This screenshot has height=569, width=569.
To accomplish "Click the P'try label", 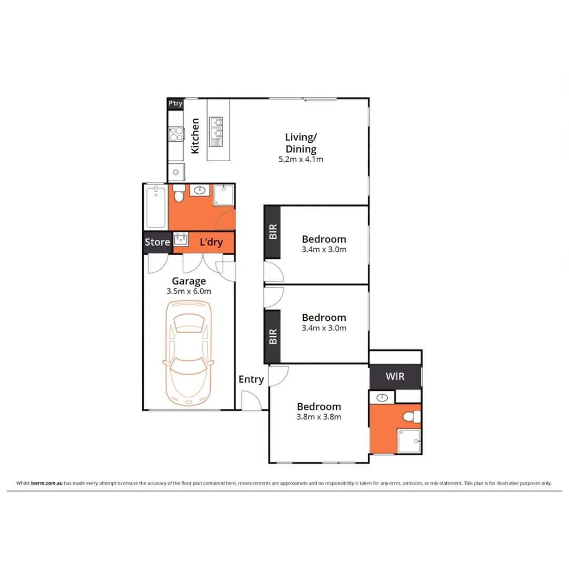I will pyautogui.click(x=175, y=104).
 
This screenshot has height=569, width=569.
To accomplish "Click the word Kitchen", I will pyautogui.click(x=195, y=136).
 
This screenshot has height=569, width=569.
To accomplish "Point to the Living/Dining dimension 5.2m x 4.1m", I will pyautogui.click(x=300, y=159).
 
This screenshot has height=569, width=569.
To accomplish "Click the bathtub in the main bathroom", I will pyautogui.click(x=155, y=206).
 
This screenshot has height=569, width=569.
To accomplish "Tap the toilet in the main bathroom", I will pyautogui.click(x=178, y=195).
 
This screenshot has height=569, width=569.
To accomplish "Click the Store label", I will pyautogui.click(x=157, y=242).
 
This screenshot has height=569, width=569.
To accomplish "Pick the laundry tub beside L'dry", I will pyautogui.click(x=181, y=240).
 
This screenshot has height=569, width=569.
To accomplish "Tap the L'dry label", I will pyautogui.click(x=211, y=242).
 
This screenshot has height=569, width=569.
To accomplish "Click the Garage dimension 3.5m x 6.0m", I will pyautogui.click(x=188, y=291).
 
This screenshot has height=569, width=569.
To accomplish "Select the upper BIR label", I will pyautogui.click(x=272, y=232).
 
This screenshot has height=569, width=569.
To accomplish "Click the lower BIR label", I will pyautogui.click(x=272, y=337).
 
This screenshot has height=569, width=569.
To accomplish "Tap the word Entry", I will pyautogui.click(x=251, y=379).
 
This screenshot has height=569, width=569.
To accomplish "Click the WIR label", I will pyautogui.click(x=395, y=377).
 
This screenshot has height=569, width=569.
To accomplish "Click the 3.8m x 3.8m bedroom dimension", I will pyautogui.click(x=319, y=417).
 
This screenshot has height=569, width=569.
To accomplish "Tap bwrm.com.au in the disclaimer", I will pyautogui.click(x=47, y=483).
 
